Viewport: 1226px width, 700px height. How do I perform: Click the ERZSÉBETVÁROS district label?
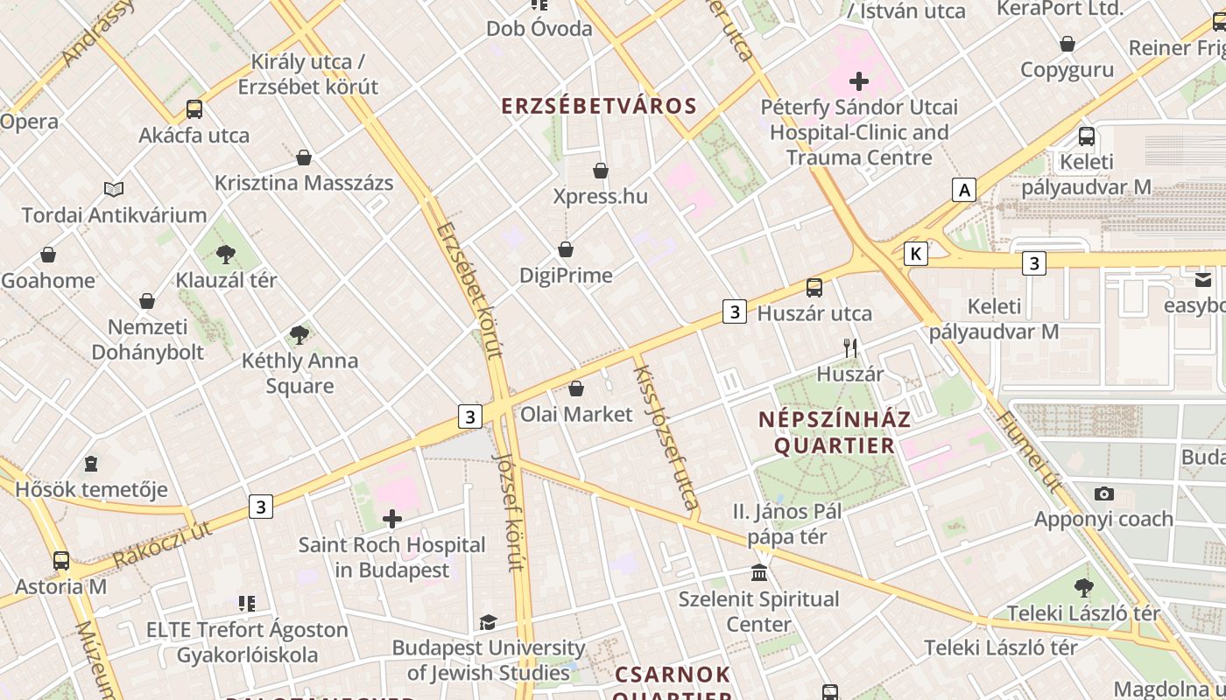point(599,107)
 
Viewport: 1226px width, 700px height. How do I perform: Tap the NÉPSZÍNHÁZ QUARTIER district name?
point(835,432)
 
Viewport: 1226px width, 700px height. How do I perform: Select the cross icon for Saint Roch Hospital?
point(392,520)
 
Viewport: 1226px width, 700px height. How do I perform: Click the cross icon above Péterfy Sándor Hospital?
point(859,82)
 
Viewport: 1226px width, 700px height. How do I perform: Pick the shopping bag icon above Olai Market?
point(576,388)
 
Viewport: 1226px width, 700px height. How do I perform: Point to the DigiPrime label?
point(566,276)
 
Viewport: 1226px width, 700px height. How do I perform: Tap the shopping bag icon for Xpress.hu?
point(601,171)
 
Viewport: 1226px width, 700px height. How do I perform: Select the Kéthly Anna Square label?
point(299,374)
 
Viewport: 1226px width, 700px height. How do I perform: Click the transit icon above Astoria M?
point(61,561)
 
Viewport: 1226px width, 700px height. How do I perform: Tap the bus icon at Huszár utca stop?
point(814,288)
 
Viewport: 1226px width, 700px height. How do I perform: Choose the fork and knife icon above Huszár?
point(849,348)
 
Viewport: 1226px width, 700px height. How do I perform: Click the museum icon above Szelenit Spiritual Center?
point(759,574)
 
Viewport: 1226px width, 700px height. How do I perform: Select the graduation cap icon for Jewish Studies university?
point(488,622)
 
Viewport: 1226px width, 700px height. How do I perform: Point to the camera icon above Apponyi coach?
point(1104,493)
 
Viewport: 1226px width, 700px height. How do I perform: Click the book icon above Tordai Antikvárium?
point(114,189)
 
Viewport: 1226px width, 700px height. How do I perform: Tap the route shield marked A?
point(964,190)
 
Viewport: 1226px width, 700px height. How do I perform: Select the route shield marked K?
point(916,254)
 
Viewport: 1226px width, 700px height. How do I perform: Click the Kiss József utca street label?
point(666,437)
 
